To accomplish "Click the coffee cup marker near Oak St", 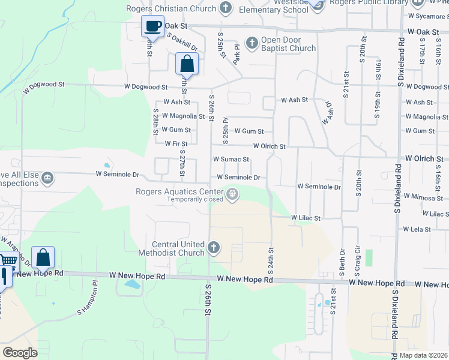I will tap(151, 26).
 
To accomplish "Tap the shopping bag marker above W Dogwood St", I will tap(187, 64).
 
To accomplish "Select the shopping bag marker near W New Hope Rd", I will tap(43, 257).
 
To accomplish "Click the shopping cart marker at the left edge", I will tap(7, 260).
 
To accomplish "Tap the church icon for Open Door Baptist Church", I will tap(252, 43).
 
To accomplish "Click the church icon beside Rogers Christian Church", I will tap(226, 8).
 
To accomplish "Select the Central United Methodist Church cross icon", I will tap(214, 247).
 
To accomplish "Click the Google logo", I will tap(20, 352).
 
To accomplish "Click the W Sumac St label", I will tap(231, 160).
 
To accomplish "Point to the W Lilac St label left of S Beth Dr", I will tap(306, 218).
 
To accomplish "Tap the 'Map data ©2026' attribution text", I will tap(424, 355).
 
